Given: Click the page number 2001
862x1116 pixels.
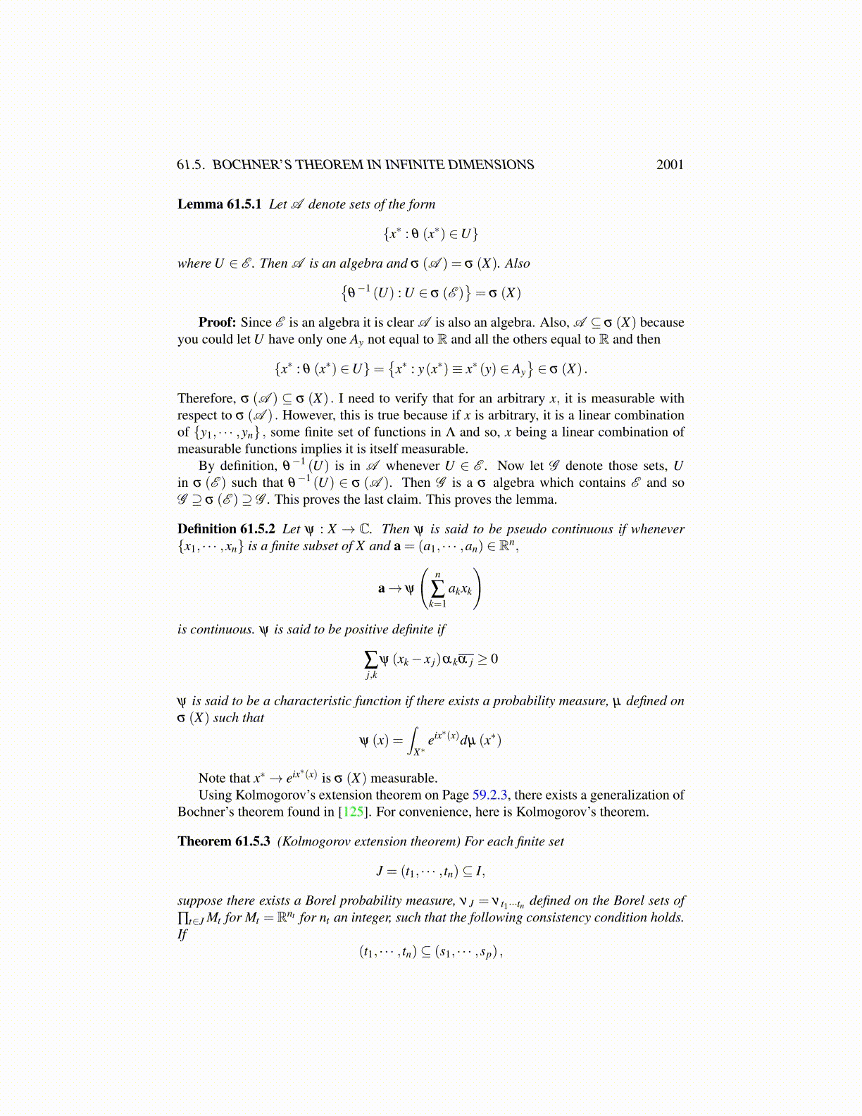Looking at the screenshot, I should coord(669,165).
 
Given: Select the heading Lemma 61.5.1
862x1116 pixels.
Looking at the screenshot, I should coord(219,204).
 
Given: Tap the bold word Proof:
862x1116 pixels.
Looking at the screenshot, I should coord(217,323).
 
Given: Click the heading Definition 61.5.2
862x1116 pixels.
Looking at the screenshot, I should coord(226,529).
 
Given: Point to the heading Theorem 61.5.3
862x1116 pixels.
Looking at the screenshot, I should coord(223,842).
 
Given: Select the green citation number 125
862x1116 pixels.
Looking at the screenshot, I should coord(352,812).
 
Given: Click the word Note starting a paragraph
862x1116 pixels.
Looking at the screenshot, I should coord(213,779).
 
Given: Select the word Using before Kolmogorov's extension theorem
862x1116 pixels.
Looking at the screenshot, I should coord(215,795).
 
